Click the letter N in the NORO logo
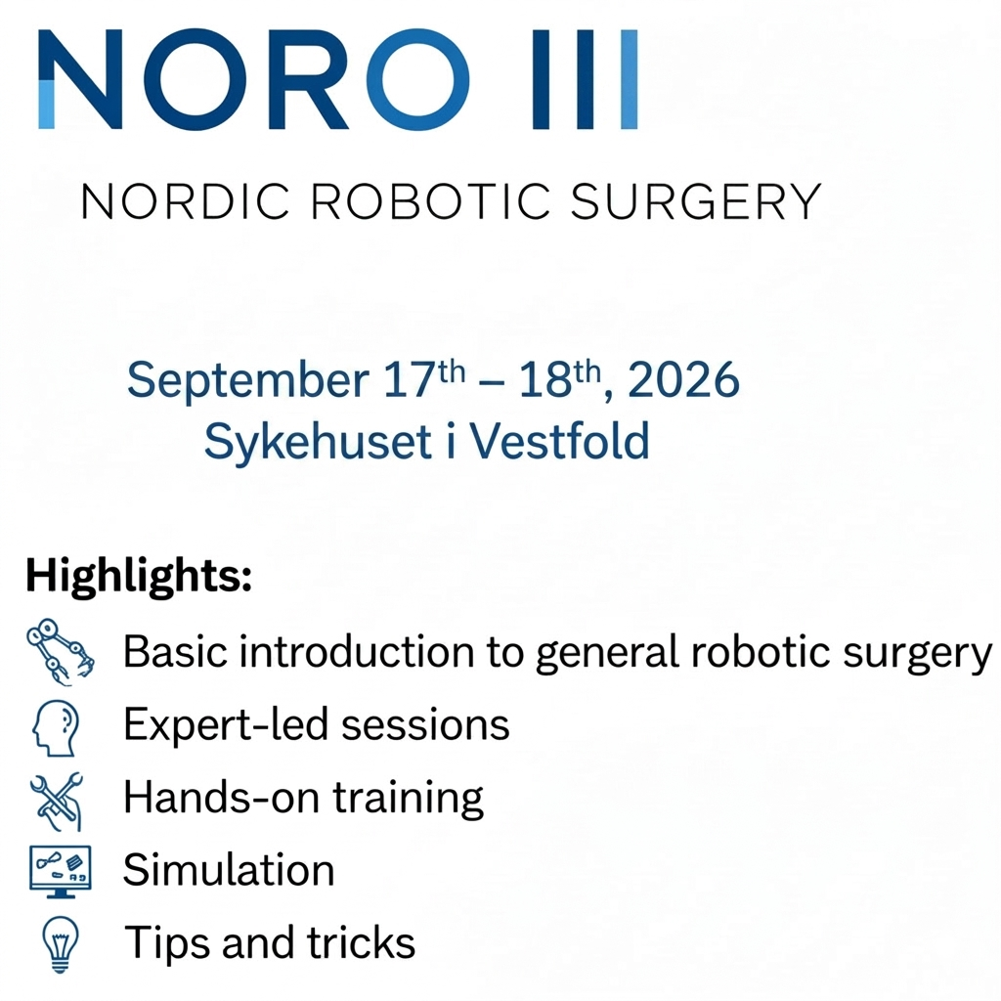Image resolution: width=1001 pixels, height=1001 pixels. coord(80,79)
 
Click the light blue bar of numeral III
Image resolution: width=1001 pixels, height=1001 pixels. coord(629,79)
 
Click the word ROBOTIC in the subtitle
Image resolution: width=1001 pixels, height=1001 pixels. coord(430,201)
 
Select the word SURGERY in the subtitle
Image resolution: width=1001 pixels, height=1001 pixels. coord(695,201)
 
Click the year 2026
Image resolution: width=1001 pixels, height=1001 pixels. coord(683,380)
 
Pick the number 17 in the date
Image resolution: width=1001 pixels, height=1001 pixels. coord(409,380)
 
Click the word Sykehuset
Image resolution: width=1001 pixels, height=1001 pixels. coord(318,442)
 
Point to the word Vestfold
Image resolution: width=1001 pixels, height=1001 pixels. coord(560,441)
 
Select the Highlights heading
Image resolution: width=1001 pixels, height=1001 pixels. coord(139,577)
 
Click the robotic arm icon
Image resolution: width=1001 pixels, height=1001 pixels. coord(60,652)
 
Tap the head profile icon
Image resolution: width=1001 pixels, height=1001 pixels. coord(56,727)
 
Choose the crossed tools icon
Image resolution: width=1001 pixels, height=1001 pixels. coord(57,802)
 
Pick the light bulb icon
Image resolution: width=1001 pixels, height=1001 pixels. coord(60,944)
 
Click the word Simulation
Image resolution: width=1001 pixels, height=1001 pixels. coord(229,869)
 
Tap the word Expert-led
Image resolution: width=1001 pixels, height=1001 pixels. coord(226,726)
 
